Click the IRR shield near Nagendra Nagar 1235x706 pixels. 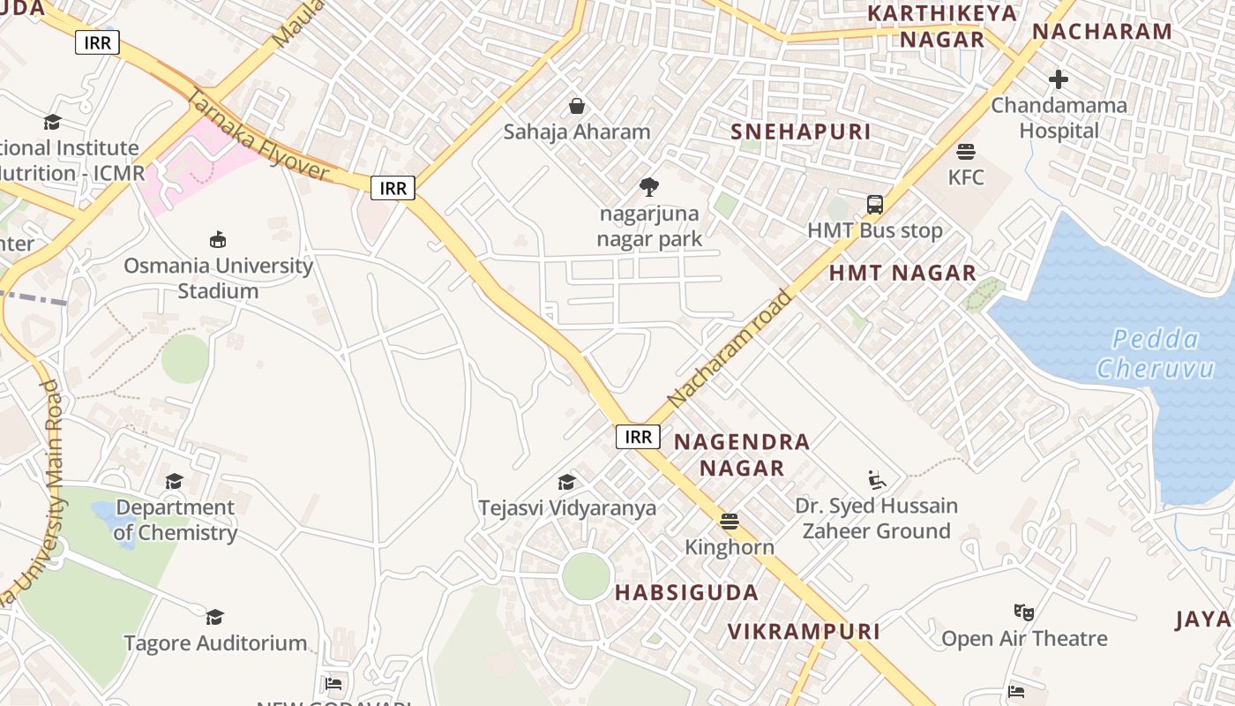(x=638, y=436)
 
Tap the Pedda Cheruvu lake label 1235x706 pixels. (x=1155, y=353)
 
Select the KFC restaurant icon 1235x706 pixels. (x=966, y=152)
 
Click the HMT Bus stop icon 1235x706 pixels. (x=875, y=205)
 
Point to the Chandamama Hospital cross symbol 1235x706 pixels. (x=1059, y=79)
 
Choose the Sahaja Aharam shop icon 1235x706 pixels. (x=577, y=106)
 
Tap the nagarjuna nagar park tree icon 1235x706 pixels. (x=649, y=187)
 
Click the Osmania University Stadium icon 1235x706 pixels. (x=218, y=239)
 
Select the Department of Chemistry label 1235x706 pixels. (x=175, y=520)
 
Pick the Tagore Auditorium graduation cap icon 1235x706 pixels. (x=214, y=616)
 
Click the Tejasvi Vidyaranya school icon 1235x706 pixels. (x=566, y=482)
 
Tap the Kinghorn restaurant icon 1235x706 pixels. (x=729, y=521)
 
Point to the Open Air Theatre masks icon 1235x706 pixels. (x=1023, y=612)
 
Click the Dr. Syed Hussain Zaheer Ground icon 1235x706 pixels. (x=876, y=480)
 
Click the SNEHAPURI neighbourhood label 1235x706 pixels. (x=800, y=131)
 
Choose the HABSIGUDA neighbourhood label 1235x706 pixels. (x=686, y=592)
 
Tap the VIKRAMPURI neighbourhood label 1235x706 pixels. (x=804, y=631)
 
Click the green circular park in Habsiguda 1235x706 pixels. (x=586, y=577)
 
